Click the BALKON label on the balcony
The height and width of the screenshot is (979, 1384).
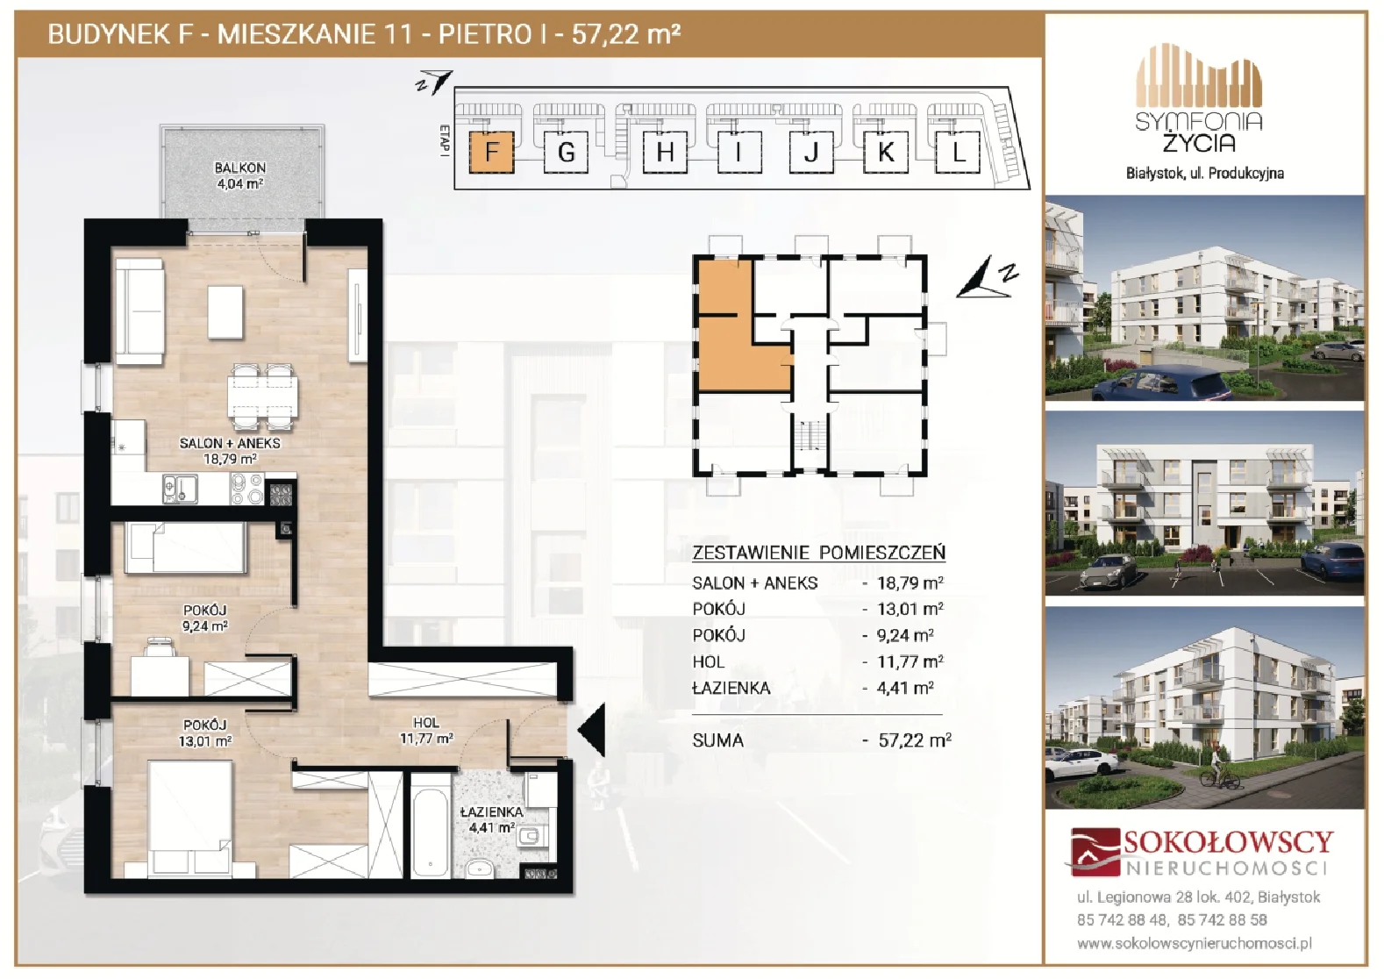coord(239,168)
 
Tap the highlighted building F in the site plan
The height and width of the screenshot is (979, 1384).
coord(491,152)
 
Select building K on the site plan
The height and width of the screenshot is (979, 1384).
coord(885,152)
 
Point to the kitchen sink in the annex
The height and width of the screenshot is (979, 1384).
coord(181,489)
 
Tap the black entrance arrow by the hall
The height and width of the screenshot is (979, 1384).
coord(591,731)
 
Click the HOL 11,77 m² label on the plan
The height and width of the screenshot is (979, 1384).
coord(426,730)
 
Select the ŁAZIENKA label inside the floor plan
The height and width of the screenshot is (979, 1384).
coord(491,812)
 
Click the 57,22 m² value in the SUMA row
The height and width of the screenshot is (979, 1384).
coord(915,740)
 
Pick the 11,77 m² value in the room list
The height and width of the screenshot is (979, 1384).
coord(910,661)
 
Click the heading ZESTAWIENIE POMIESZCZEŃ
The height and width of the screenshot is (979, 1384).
coord(818,552)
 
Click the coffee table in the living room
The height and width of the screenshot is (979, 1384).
coord(225,311)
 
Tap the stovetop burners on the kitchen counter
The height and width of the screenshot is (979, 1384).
coord(246,489)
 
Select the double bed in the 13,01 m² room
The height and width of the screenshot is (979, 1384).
coord(189,818)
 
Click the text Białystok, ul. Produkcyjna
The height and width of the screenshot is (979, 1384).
coord(1205,174)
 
